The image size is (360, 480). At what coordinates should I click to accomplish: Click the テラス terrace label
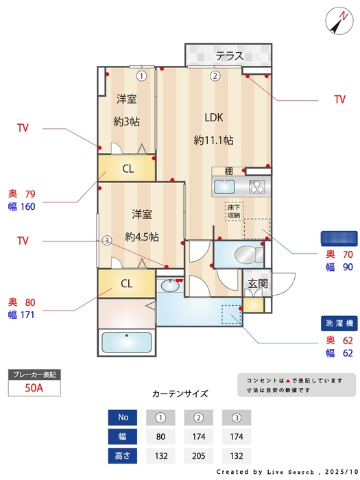point(230,56)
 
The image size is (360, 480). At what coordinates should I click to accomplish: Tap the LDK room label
point(213,117)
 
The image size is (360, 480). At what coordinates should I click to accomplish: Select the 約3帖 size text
point(127,121)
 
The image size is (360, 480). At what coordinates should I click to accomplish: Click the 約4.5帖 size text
point(142,237)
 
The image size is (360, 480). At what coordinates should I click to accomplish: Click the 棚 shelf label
point(228,171)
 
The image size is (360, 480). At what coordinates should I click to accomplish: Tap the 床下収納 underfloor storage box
point(235,211)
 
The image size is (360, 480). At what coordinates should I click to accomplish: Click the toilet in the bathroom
point(245,256)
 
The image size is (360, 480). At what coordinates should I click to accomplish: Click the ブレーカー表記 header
point(35,374)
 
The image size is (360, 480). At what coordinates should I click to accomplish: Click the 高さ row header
point(123,454)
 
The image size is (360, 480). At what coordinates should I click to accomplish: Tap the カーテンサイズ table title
point(180,394)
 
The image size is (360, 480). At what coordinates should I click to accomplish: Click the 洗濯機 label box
point(339,323)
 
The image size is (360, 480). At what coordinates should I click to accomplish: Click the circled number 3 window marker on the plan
point(107,240)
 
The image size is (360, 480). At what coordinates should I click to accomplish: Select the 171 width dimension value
point(27,315)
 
